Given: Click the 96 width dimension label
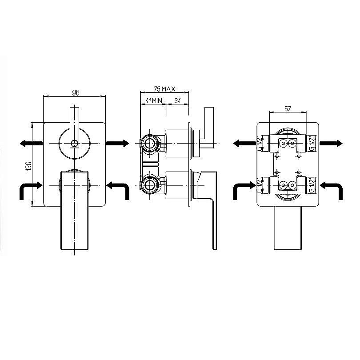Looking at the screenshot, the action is [76, 92].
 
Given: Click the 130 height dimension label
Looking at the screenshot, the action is [29, 166].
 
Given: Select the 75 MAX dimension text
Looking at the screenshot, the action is [164, 89].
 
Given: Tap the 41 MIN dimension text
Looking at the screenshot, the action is [154, 100].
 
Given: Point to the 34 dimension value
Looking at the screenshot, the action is [177, 100].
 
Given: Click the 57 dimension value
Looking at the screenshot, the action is [288, 108].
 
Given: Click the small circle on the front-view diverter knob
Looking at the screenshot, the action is [74, 144].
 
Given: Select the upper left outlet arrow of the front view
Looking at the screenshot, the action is [31, 144].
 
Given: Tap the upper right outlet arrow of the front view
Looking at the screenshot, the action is [117, 143].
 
